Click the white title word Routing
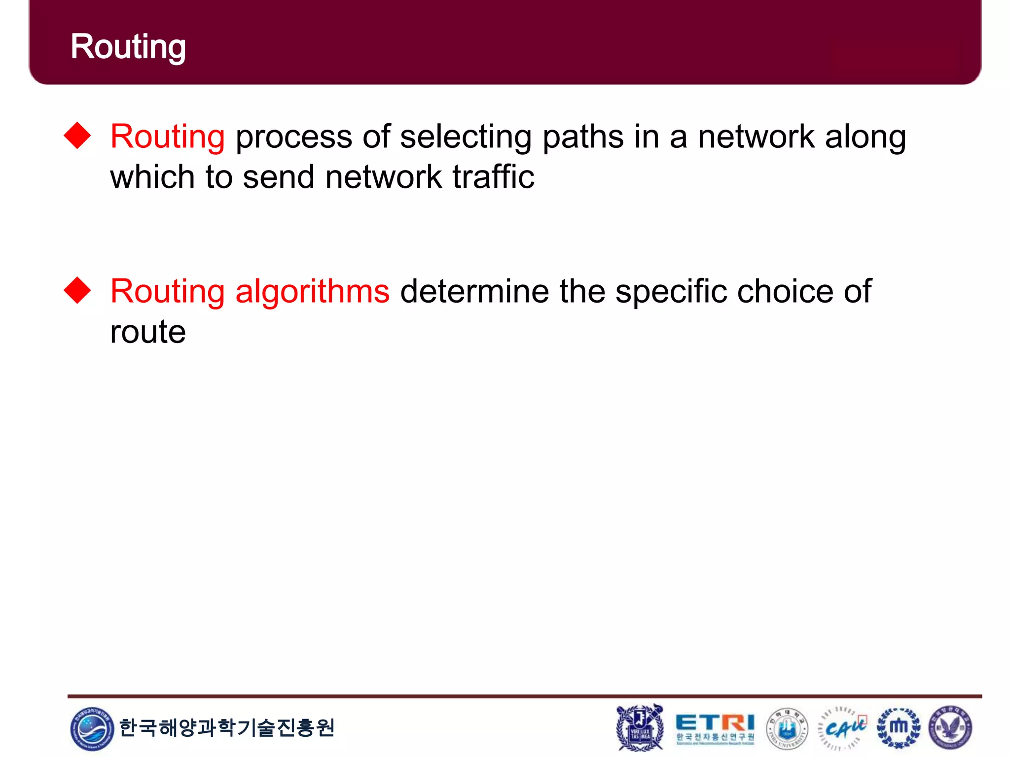coord(128,47)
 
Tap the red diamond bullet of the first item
coord(77,135)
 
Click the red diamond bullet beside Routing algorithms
coord(77,290)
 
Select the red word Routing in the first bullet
coord(168,137)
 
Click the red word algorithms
coord(312,291)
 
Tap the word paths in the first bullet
coord(583,137)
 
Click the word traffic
coord(493,177)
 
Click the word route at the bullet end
coord(148,332)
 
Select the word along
coord(866,137)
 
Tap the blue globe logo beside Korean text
coord(92,728)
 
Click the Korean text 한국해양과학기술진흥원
coord(227,727)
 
